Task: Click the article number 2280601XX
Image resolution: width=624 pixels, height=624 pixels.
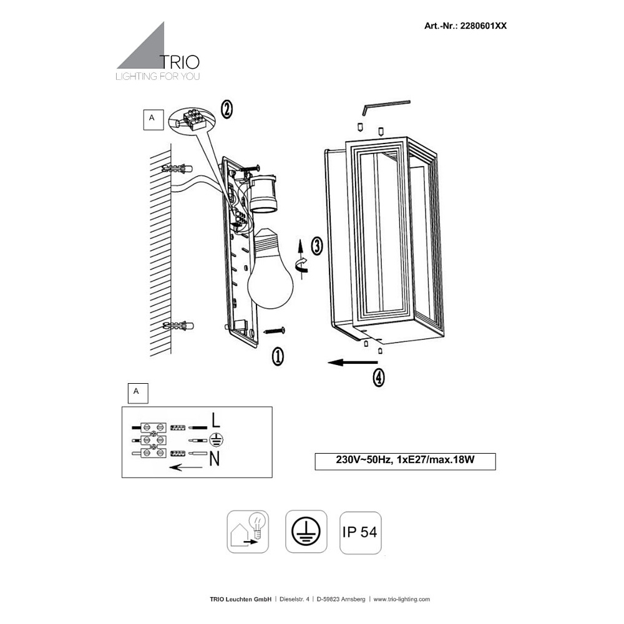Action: (x=483, y=26)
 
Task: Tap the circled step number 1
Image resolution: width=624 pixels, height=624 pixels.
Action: (x=278, y=356)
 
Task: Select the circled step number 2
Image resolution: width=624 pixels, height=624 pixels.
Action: (x=227, y=109)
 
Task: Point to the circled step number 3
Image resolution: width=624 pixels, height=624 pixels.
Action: (x=317, y=245)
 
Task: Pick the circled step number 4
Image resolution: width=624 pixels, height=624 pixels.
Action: (x=379, y=377)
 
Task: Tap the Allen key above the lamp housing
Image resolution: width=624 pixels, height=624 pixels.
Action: (x=386, y=107)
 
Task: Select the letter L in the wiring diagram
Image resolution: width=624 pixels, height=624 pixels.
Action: (x=215, y=420)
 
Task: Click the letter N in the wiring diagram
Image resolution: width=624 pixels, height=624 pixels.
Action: (x=215, y=459)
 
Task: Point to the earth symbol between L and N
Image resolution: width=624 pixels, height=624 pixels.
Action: (x=216, y=440)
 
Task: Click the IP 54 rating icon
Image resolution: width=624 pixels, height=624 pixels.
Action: (x=361, y=532)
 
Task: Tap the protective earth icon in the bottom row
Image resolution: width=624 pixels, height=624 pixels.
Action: (x=306, y=532)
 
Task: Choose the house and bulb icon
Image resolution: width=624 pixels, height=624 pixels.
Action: (x=248, y=532)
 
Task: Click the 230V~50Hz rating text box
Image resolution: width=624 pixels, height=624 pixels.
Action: (x=405, y=461)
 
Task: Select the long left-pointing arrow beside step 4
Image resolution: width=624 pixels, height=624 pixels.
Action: (x=352, y=362)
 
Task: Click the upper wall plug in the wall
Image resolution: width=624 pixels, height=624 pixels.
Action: (x=177, y=168)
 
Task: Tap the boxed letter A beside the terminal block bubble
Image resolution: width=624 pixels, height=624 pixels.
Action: (x=154, y=120)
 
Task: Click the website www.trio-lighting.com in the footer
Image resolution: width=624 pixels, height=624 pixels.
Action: (x=401, y=599)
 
